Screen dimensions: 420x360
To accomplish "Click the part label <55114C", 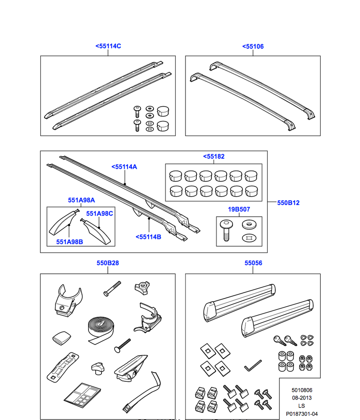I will [108, 46].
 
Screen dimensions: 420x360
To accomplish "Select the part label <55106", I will [253, 47].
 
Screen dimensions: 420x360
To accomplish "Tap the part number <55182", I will [214, 157].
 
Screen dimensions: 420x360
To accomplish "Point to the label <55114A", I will [124, 167].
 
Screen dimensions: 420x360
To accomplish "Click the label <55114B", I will [148, 237].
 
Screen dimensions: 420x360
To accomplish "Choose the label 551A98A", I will [81, 200].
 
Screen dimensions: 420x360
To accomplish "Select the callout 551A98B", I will [70, 242].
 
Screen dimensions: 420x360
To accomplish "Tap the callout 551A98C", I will [100, 214].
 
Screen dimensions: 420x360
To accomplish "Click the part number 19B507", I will [239, 209].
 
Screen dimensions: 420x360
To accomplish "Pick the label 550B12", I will [288, 203].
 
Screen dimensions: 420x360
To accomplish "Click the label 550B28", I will [108, 263].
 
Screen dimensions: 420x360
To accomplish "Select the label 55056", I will [253, 263].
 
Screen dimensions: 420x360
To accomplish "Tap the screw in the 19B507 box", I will [226, 231].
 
